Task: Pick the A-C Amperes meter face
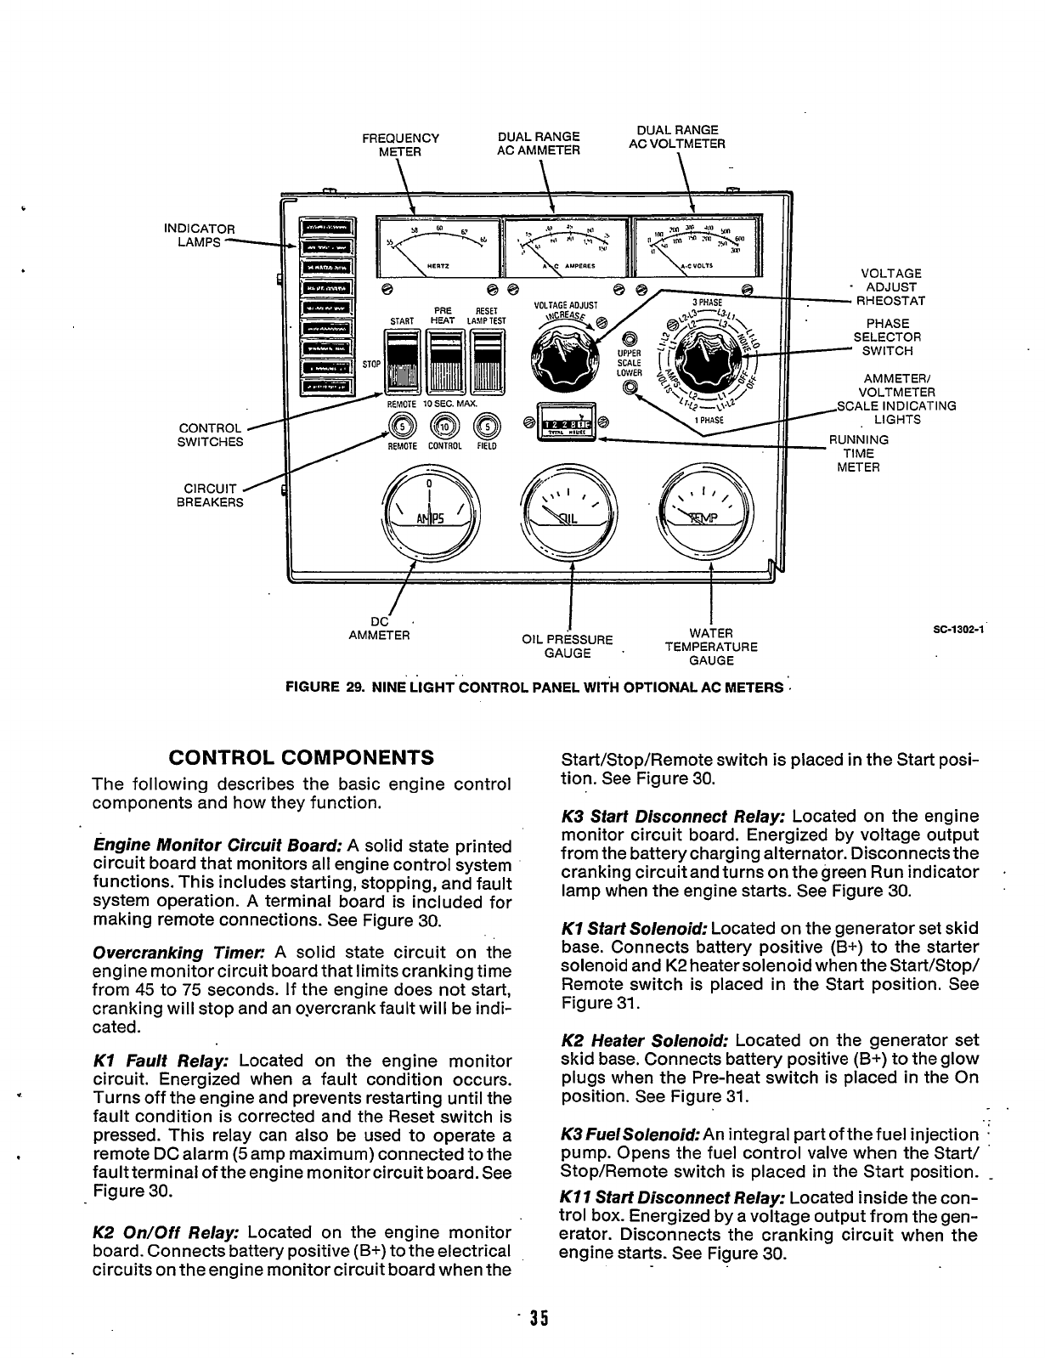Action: tap(563, 245)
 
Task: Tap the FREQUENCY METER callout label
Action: tap(400, 144)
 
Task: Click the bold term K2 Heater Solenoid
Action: tap(646, 1040)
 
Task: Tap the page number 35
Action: tap(537, 1319)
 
